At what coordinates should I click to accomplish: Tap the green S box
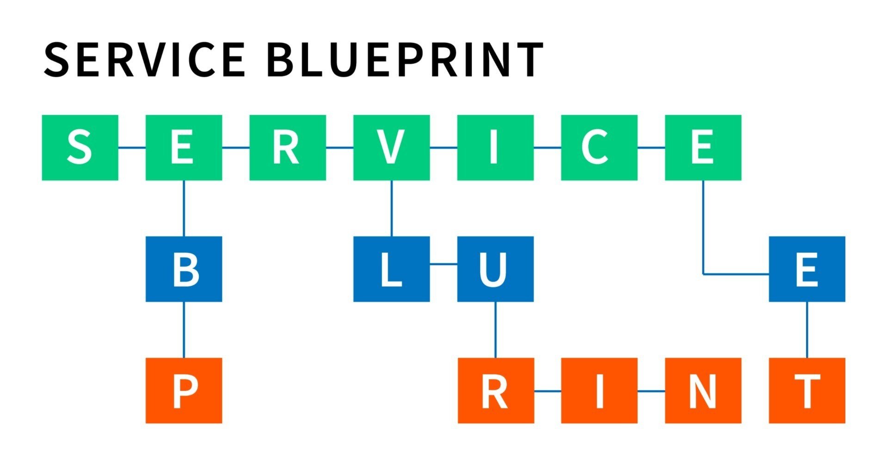coord(80,147)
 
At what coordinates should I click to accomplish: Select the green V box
coord(391,147)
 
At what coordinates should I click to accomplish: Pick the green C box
coord(599,147)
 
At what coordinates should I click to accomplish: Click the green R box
coord(288,147)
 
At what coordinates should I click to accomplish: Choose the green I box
coord(495,147)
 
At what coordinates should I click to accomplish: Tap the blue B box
coord(184,269)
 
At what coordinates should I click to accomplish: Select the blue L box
coord(391,269)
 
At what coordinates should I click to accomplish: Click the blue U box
coord(495,269)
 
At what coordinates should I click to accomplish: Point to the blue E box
coord(807,269)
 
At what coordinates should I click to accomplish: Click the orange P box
coord(184,391)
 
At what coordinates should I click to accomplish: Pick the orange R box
coord(496,391)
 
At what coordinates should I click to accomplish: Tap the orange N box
coord(703,391)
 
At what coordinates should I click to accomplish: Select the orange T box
coord(807,391)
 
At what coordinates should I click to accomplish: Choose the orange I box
coord(599,391)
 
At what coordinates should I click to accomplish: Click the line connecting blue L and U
coord(443,264)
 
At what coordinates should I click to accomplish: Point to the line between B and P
coord(184,330)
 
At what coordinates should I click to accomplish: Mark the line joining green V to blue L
coord(392,208)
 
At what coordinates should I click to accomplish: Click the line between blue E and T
coord(807,330)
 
